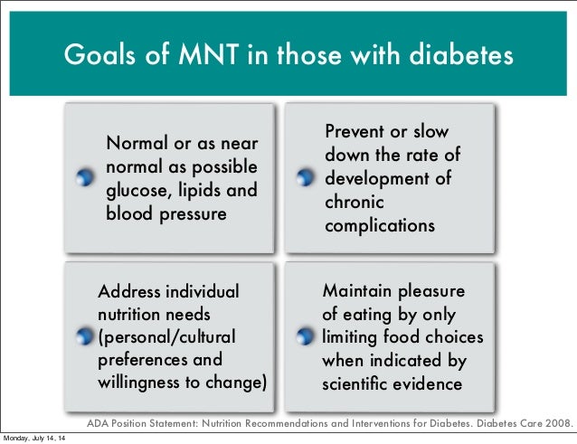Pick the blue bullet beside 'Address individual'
pos(84,337)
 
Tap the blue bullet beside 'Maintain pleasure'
pos(305,337)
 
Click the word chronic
pos(354,202)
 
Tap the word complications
pos(380,225)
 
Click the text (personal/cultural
pos(166,337)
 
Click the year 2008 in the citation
pos(559,422)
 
